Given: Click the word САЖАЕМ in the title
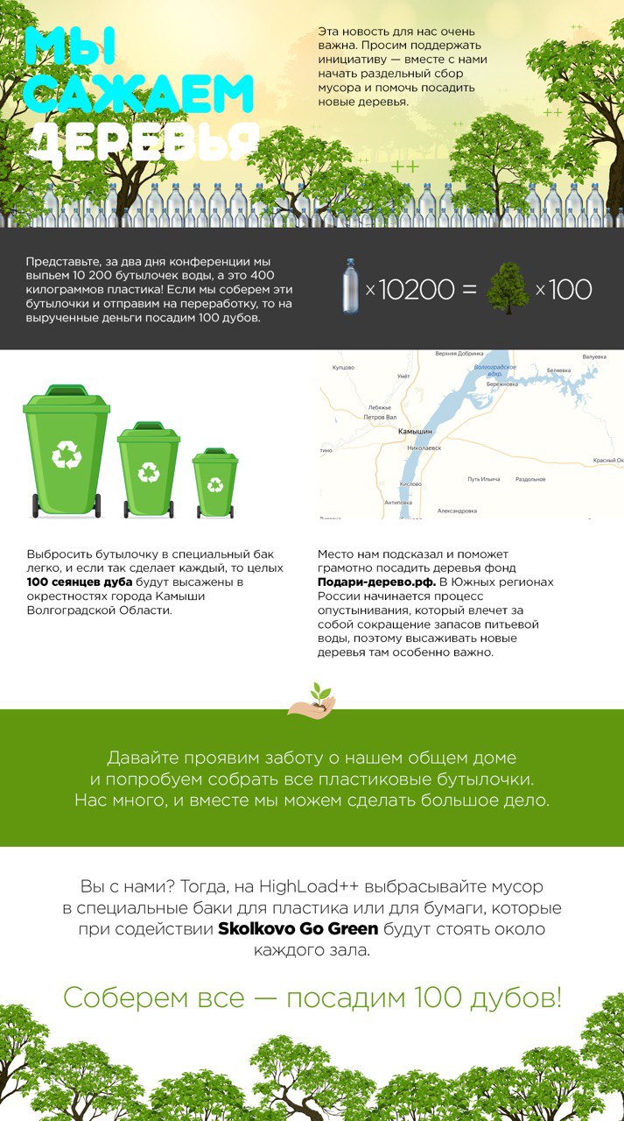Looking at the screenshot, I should [140, 95].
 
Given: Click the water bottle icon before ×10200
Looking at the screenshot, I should [351, 286].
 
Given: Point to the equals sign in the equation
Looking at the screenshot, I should [469, 289].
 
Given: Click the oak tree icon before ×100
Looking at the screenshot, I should [508, 288].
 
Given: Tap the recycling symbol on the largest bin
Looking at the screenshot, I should [67, 454].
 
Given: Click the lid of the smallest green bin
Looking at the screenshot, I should [215, 455].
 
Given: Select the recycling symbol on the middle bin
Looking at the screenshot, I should [149, 472].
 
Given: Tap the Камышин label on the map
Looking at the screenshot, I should [415, 432].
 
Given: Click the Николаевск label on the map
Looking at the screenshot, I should [424, 448].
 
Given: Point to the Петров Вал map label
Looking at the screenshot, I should [380, 418].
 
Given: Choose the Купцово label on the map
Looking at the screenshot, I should [343, 368].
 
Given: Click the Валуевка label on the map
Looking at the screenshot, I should [594, 356].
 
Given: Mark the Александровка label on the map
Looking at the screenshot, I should [457, 510].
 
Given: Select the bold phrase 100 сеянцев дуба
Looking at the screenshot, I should [80, 581].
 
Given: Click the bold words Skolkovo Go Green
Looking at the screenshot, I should [298, 928].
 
